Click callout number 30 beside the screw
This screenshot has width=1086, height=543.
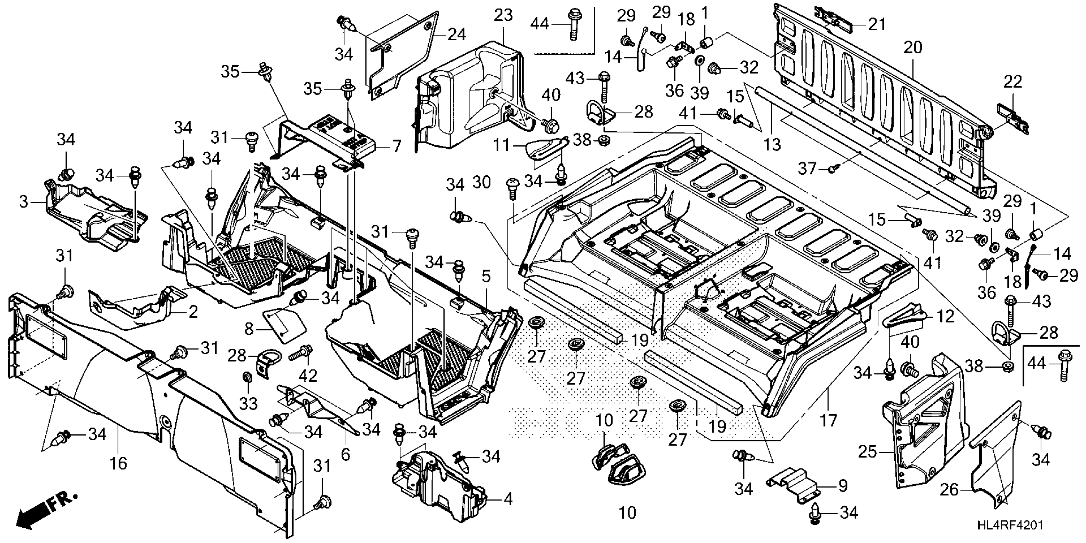point(482,183)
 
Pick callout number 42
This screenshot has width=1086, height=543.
point(308,375)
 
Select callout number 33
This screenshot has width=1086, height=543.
point(248,404)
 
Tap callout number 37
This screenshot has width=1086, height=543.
point(807,169)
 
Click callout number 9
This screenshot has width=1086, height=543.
point(842,486)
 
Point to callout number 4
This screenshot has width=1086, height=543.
point(508,499)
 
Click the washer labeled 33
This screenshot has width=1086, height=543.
point(247,375)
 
